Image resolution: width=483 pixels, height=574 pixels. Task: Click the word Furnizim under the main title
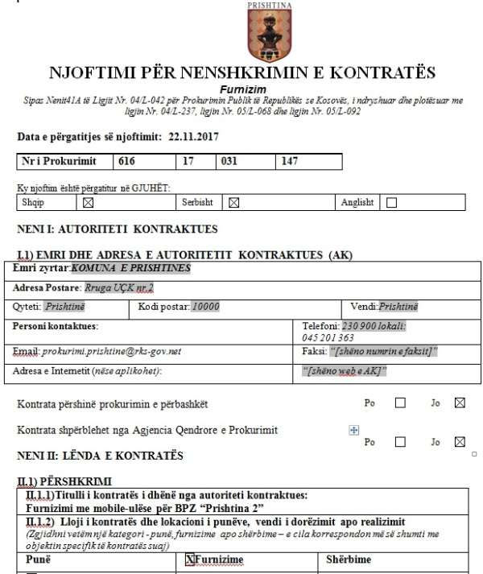[x=242, y=89]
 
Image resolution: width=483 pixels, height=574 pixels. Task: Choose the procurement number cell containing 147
[x=289, y=161]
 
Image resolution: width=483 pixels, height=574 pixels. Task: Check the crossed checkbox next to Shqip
[x=89, y=203]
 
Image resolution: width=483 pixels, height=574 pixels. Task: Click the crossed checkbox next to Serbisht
[x=234, y=203]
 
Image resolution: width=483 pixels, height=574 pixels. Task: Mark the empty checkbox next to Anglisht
[x=392, y=203]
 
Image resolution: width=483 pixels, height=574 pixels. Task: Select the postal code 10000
[x=206, y=307]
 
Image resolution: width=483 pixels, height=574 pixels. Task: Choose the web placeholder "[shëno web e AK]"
[x=345, y=371]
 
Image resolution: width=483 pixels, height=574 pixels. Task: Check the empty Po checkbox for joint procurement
[x=400, y=403]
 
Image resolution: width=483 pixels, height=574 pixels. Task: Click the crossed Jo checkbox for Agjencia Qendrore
[x=460, y=441]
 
